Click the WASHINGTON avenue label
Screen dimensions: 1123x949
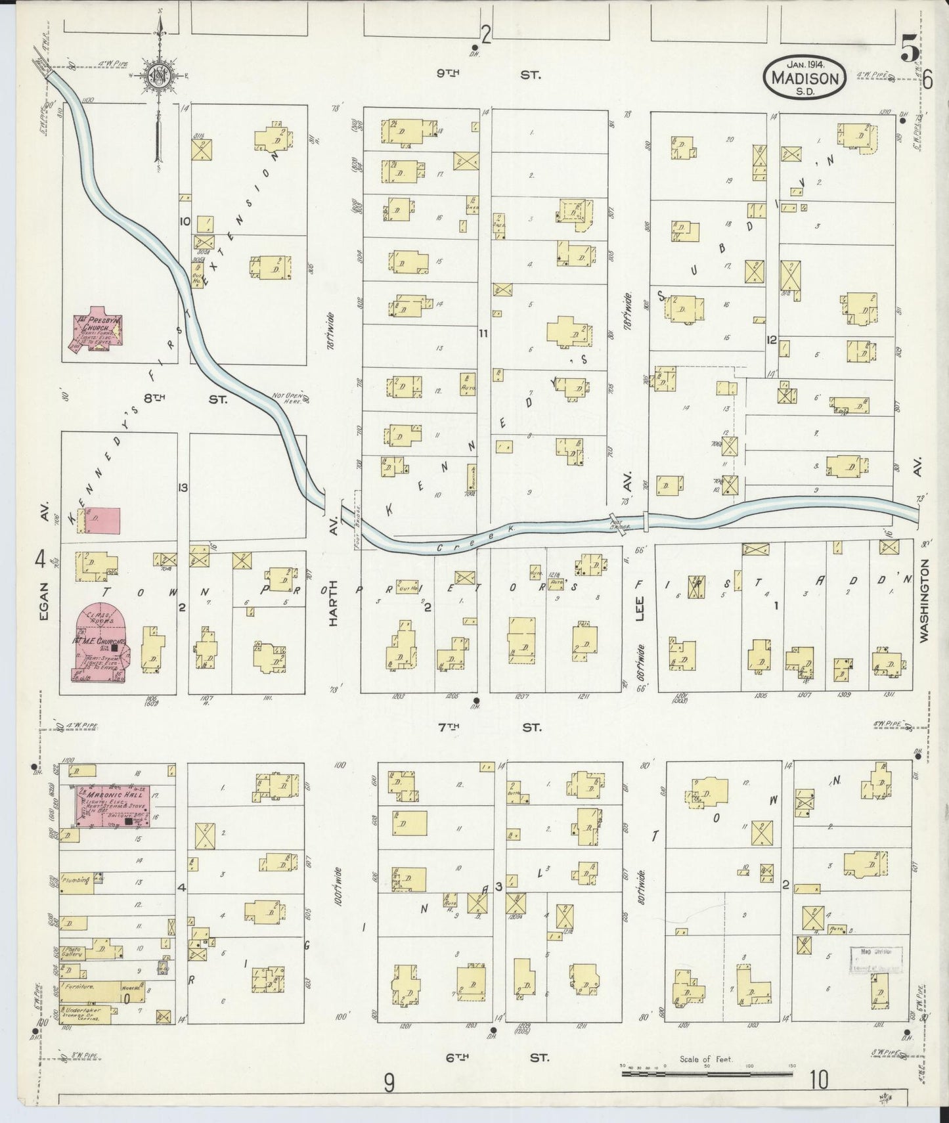click(925, 600)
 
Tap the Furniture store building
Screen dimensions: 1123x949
click(85, 987)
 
